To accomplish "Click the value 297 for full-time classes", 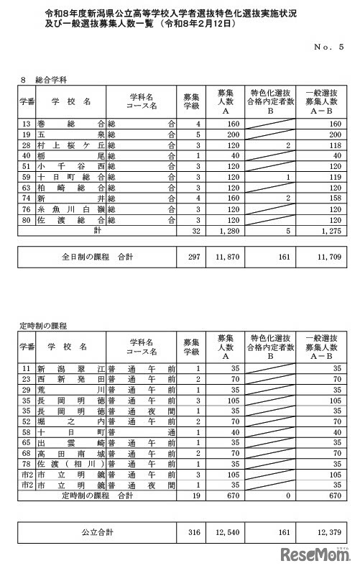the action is coord(191,255).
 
